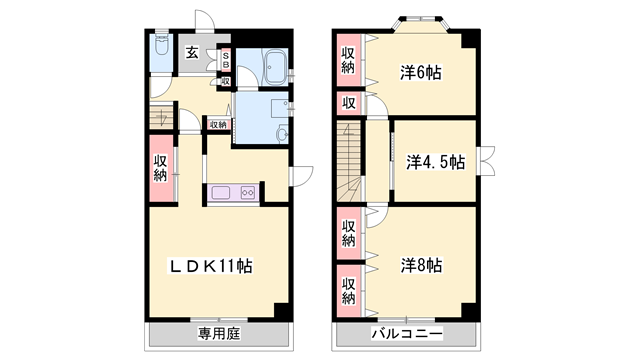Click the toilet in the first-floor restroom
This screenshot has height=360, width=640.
pos(162,50)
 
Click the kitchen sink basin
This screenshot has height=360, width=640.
pos(222,194)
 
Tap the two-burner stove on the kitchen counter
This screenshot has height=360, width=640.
pos(247,194)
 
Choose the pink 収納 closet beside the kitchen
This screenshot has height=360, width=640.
pos(161,169)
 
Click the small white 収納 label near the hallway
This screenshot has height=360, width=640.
pos(217,125)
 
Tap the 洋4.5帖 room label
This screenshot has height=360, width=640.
pos(436,160)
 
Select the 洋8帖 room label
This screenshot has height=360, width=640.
pos(422,265)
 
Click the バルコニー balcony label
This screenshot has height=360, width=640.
pos(408,333)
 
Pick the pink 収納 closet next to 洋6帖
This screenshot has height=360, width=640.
pos(348,60)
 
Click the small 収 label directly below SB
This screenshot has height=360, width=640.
pos(226,82)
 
